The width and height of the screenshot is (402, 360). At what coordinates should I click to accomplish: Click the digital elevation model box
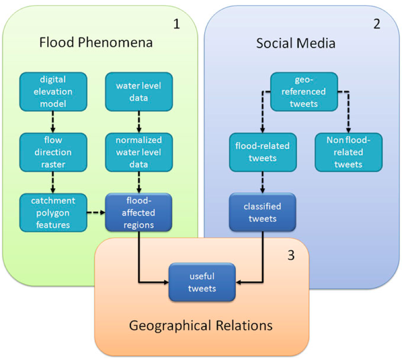pos(53,91)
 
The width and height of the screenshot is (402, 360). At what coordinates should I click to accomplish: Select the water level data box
pos(138,91)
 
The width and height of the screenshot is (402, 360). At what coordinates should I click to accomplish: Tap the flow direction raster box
pos(53,152)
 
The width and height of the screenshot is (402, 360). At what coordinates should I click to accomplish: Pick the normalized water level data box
pos(138,152)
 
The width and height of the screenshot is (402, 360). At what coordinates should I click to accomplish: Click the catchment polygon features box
pos(53,212)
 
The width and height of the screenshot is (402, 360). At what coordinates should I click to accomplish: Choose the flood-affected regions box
pos(138,212)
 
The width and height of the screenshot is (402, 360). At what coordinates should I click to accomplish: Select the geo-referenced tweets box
pos(304,91)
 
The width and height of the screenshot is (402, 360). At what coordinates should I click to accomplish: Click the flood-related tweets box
pos(262,152)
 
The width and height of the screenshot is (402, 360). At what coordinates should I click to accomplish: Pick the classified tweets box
pos(262,212)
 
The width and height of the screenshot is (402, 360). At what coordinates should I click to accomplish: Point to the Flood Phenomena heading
pos(96,43)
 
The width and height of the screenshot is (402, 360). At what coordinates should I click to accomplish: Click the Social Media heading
pos(296,43)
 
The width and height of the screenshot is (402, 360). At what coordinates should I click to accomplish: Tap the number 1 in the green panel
pos(176,24)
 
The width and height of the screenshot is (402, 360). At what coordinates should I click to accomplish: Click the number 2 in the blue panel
pos(377,24)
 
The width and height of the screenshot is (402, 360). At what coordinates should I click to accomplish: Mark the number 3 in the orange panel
pos(291,255)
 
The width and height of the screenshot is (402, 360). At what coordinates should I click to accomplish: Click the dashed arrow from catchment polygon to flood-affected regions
pos(96,212)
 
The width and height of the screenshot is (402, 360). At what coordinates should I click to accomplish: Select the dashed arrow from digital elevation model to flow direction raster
pos(53,122)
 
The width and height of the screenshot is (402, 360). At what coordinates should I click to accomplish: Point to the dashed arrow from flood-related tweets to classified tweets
pos(262,183)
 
